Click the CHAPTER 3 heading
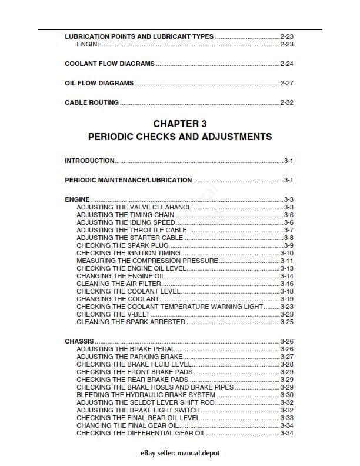pyautogui.click(x=179, y=124)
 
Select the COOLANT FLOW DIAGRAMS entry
pyautogui.click(x=109, y=64)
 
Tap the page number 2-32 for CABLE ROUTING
pyautogui.click(x=286, y=102)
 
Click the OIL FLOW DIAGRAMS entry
pyautogui.click(x=99, y=83)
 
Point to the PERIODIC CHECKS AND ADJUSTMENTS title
pyautogui.click(x=179, y=137)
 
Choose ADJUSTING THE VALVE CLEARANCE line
pyautogui.click(x=134, y=207)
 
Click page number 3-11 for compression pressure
pyautogui.click(x=286, y=261)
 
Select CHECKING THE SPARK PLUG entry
pyautogui.click(x=122, y=245)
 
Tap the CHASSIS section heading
pyautogui.click(x=79, y=341)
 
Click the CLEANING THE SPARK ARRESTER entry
pyautogui.click(x=131, y=322)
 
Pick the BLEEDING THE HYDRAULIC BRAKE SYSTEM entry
pyautogui.click(x=146, y=395)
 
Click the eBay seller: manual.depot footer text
pyautogui.click(x=180, y=453)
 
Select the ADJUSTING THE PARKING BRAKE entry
pyautogui.click(x=129, y=357)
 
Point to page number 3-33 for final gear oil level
pyautogui.click(x=286, y=418)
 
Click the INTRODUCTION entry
pyautogui.click(x=89, y=161)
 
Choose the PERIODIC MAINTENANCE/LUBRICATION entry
pyautogui.click(x=128, y=180)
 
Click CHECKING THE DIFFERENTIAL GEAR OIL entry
pyautogui.click(x=141, y=433)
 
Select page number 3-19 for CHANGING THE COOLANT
pyautogui.click(x=286, y=299)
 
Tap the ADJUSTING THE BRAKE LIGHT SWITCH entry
pyautogui.click(x=138, y=410)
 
